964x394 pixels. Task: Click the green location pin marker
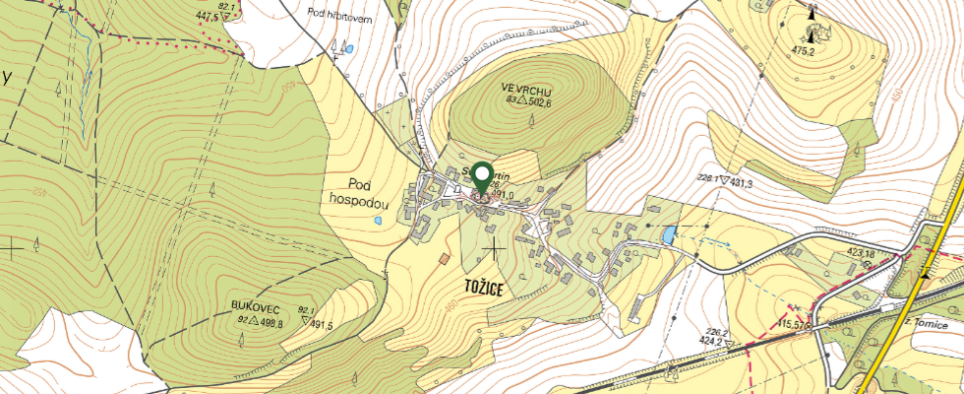482,177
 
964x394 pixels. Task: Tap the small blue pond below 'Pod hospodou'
379,222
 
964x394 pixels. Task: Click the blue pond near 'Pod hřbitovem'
348,47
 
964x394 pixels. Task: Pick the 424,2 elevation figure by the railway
712,343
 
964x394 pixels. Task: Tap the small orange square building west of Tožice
445,259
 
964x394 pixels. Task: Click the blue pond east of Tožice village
670,234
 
